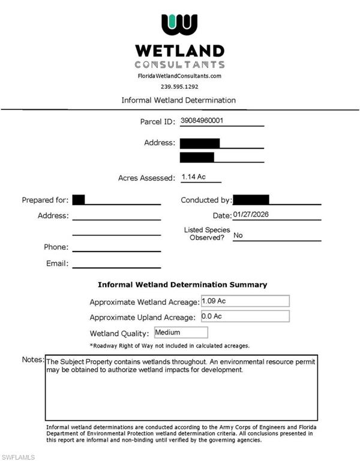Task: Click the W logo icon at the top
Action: point(179,25)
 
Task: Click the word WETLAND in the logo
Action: point(179,50)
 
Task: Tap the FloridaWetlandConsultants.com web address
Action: point(179,76)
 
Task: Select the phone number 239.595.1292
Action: point(179,86)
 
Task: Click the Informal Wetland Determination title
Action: point(179,100)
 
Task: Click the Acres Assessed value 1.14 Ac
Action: point(193,177)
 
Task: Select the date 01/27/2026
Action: point(252,215)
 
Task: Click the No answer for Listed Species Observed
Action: point(238,235)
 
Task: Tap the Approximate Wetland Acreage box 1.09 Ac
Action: point(245,301)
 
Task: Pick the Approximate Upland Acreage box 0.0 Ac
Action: point(245,316)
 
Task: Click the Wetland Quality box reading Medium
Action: point(181,333)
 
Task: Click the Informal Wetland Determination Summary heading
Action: point(182,285)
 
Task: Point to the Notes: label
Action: point(33,360)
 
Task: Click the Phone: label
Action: point(56,247)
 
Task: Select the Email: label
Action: point(57,264)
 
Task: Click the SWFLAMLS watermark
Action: point(19,457)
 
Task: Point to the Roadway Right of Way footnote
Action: point(170,346)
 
